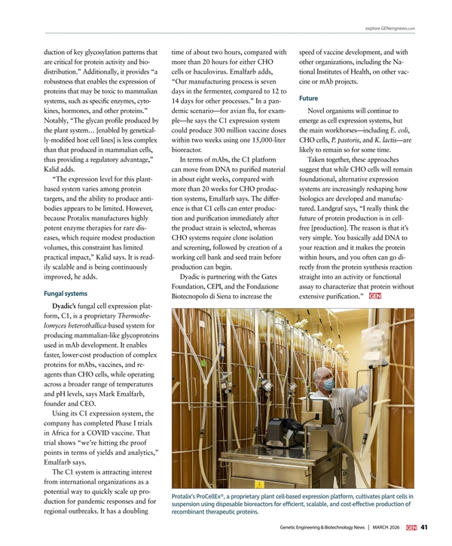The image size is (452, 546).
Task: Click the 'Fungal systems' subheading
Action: click(66, 293)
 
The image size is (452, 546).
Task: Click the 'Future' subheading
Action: click(308, 98)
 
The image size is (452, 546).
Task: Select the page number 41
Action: click(425, 526)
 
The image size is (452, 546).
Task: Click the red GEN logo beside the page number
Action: click(411, 526)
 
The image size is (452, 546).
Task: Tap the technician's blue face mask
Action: click(327, 385)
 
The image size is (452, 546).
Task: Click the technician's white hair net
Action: click(325, 371)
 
